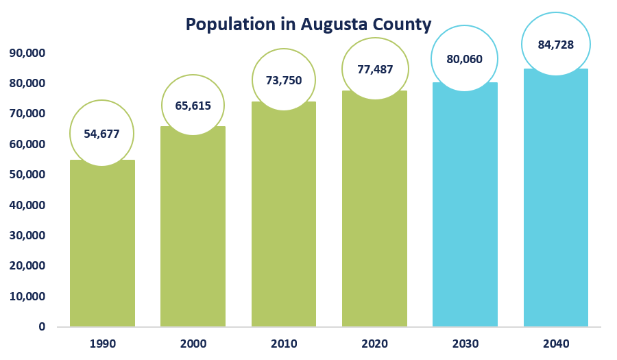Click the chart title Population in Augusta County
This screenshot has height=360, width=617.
coord(308,25)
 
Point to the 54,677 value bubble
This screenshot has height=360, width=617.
coord(102,134)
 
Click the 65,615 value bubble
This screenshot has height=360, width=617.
coord(193,106)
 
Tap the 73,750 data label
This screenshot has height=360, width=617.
coord(284,80)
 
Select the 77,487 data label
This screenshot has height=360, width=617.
coord(375,69)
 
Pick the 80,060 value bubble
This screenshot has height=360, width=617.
coord(465,59)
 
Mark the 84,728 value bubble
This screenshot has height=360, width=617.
coord(555,45)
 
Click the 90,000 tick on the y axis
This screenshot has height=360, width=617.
coord(27,53)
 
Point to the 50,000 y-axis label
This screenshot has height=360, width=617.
coord(27,174)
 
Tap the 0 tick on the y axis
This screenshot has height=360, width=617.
coord(42,326)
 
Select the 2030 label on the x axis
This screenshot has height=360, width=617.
coord(465,344)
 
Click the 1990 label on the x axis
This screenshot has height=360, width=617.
coord(102,344)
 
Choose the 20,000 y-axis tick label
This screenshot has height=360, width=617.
coord(27,265)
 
